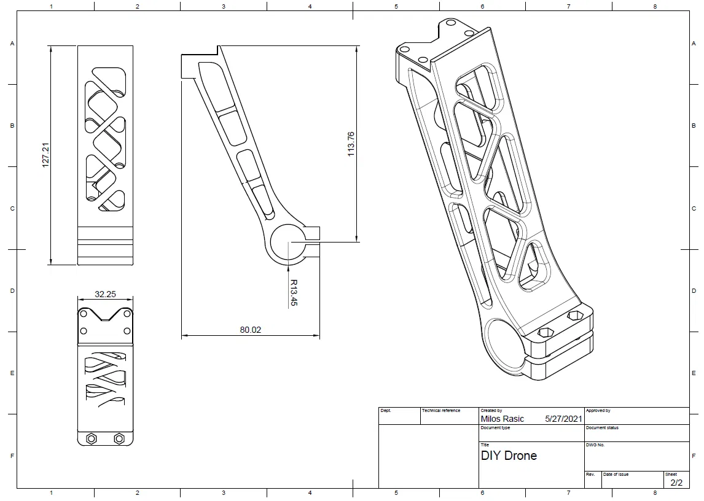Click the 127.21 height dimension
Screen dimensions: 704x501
pyautogui.click(x=45, y=155)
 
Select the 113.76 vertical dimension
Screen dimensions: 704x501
pyautogui.click(x=351, y=144)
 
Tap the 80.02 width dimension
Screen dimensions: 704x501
pyautogui.click(x=250, y=330)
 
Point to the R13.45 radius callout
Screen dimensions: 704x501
pyautogui.click(x=294, y=293)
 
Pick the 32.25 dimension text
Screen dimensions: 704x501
pyautogui.click(x=105, y=294)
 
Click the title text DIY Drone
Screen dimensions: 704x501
pyautogui.click(x=509, y=456)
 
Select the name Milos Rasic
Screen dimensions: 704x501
pyautogui.click(x=502, y=419)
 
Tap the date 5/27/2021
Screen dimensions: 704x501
pyautogui.click(x=563, y=419)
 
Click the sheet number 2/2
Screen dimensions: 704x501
pyautogui.click(x=676, y=483)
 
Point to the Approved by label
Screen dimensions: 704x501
pyautogui.click(x=598, y=410)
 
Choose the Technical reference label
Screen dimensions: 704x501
pyautogui.click(x=441, y=410)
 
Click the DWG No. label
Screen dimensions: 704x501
pyautogui.click(x=595, y=445)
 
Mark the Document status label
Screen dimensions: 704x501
pyautogui.click(x=602, y=428)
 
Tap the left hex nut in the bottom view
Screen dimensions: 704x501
pyautogui.click(x=91, y=438)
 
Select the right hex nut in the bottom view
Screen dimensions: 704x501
pyautogui.click(x=119, y=438)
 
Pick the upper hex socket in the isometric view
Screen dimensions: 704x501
pyautogui.click(x=575, y=316)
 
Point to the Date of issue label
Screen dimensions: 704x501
pyautogui.click(x=616, y=474)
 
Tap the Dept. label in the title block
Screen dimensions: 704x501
pyautogui.click(x=386, y=410)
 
